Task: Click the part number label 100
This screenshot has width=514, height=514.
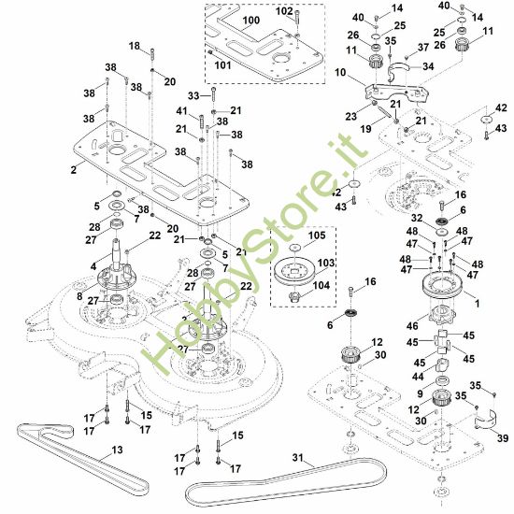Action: tap(251, 20)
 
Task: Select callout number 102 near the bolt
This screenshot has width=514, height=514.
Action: tap(284, 11)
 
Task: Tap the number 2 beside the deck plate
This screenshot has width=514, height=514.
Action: tap(72, 171)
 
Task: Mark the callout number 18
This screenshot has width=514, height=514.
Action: tap(134, 45)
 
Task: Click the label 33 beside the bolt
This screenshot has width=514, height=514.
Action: tap(194, 95)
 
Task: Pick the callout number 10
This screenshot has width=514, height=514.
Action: tap(338, 72)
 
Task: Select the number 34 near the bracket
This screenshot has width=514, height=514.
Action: tap(429, 66)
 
